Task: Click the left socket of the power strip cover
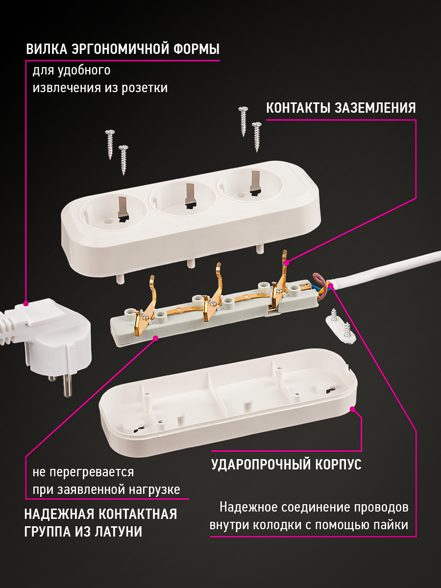(x=110, y=213)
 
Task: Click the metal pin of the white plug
(x=66, y=387)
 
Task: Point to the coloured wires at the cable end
(x=321, y=286)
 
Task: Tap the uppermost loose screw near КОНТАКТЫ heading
(x=243, y=120)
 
